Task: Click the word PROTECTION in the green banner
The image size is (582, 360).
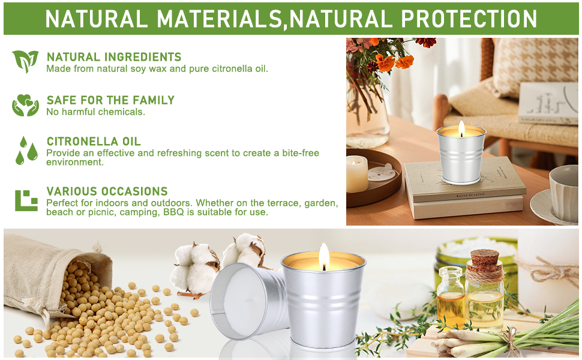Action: click(x=469, y=19)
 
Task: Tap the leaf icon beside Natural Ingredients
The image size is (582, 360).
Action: click(x=25, y=61)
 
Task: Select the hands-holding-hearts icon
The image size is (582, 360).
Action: click(x=25, y=105)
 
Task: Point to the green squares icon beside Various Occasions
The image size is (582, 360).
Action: click(x=26, y=200)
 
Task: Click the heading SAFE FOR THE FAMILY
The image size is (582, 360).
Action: click(x=110, y=100)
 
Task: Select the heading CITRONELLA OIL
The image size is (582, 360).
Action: click(x=94, y=142)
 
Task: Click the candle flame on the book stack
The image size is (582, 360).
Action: click(x=461, y=129)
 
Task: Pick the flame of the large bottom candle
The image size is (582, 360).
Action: click(x=323, y=256)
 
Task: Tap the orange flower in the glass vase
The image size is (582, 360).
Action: click(x=385, y=62)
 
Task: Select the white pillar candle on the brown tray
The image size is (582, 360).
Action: click(x=356, y=173)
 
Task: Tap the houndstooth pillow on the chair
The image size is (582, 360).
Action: click(x=535, y=65)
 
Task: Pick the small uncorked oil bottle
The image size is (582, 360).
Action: click(x=450, y=297)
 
